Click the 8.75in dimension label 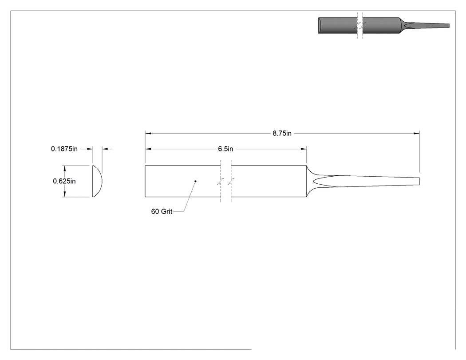(x=282, y=134)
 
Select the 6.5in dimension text (x=225, y=149)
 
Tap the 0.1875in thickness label (x=64, y=149)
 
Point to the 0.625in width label (x=64, y=181)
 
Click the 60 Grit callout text (x=162, y=211)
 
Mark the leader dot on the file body (x=195, y=181)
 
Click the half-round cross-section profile (x=97, y=181)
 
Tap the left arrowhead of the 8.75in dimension (x=148, y=134)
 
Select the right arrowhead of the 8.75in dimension (x=417, y=134)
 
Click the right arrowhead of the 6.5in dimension (x=304, y=149)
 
